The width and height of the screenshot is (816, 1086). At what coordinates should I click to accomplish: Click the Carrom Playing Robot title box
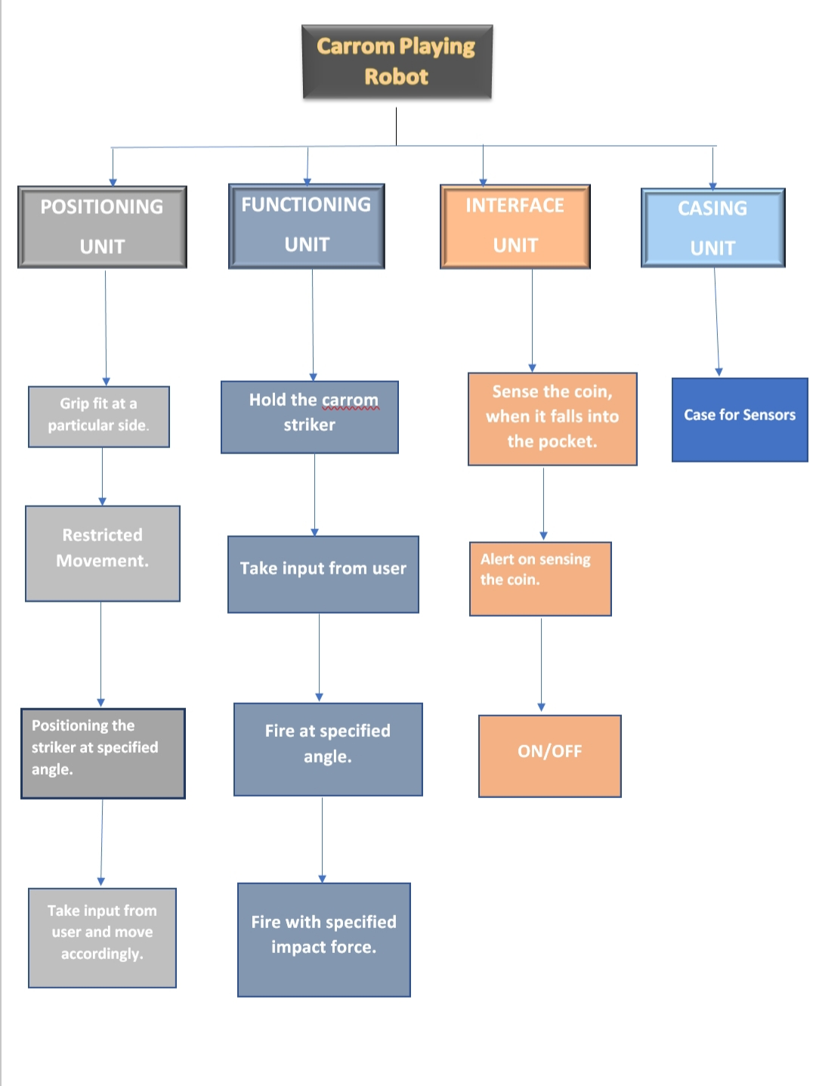(x=397, y=62)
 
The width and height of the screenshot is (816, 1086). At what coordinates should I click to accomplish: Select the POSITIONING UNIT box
(x=102, y=227)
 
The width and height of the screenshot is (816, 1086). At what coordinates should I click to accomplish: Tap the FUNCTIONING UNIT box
(x=307, y=225)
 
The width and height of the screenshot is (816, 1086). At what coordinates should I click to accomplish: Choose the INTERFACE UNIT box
(x=515, y=226)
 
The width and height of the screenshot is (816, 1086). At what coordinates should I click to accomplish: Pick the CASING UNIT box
(x=712, y=227)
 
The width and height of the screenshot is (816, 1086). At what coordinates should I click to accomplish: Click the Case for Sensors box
(x=739, y=419)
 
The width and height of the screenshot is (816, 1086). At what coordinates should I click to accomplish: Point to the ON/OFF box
(x=549, y=755)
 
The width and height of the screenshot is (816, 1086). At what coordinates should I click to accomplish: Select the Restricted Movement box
(x=103, y=553)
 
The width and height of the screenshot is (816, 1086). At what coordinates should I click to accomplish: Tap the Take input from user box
(x=323, y=574)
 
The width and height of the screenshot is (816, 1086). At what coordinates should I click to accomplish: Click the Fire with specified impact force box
(x=323, y=939)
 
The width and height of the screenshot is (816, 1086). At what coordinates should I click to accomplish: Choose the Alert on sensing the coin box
(x=539, y=578)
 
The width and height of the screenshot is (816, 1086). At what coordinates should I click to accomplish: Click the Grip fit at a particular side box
(x=98, y=416)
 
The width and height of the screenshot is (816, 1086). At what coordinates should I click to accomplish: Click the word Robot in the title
(x=396, y=77)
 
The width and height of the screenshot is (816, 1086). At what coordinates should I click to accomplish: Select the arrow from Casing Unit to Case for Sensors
(x=716, y=321)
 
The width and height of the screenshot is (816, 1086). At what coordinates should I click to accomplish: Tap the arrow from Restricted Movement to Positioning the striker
(x=100, y=654)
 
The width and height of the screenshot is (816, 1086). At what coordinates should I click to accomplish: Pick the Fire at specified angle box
(x=327, y=749)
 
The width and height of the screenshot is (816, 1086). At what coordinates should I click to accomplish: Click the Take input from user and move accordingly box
(x=102, y=937)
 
